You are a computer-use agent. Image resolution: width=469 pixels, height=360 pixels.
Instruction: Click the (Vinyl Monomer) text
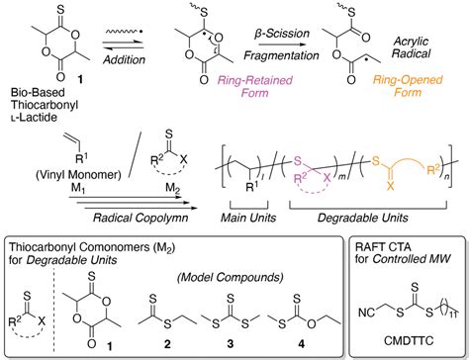click(53, 183)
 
